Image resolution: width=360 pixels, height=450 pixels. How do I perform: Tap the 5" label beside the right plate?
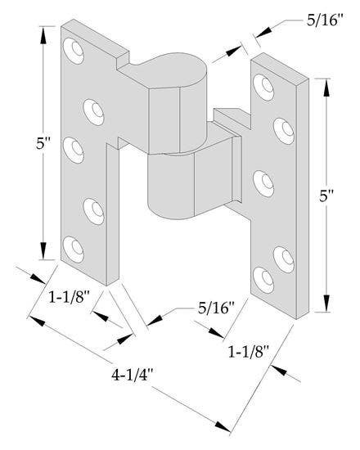click(x=326, y=196)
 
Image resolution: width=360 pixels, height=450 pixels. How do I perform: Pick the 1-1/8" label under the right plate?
click(x=249, y=353)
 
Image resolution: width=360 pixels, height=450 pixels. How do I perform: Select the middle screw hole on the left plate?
click(x=78, y=148)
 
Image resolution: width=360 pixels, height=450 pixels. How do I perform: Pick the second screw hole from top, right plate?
click(x=284, y=127)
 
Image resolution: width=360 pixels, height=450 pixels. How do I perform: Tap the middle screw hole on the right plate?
click(x=264, y=179)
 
